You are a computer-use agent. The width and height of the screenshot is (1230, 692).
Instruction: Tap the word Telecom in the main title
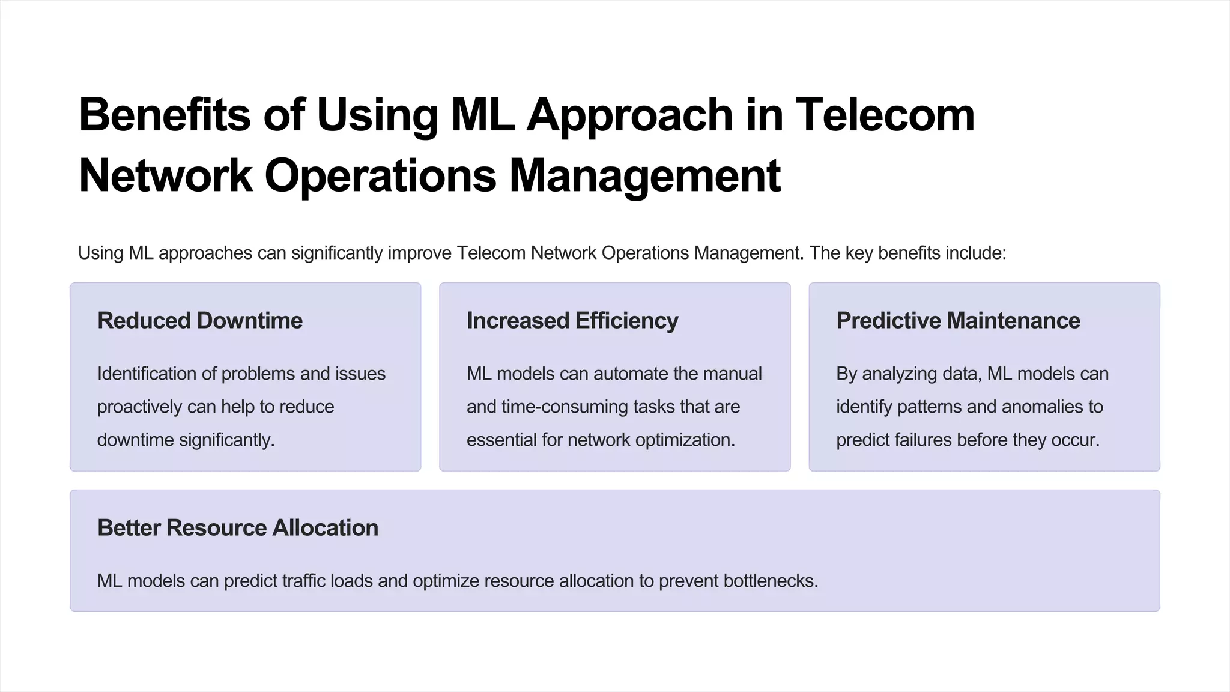tap(885, 115)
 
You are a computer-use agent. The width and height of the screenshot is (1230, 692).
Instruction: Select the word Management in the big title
tap(644, 176)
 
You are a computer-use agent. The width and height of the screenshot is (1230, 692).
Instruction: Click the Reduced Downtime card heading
tap(200, 321)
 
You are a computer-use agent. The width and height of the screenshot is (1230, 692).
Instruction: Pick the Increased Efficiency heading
tap(572, 321)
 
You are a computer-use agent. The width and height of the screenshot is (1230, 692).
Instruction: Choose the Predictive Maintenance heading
tap(958, 321)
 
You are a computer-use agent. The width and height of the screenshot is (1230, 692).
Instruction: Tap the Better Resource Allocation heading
tap(238, 528)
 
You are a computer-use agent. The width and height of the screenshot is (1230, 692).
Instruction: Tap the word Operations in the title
tap(381, 176)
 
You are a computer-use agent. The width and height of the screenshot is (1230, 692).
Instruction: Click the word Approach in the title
tap(629, 115)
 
